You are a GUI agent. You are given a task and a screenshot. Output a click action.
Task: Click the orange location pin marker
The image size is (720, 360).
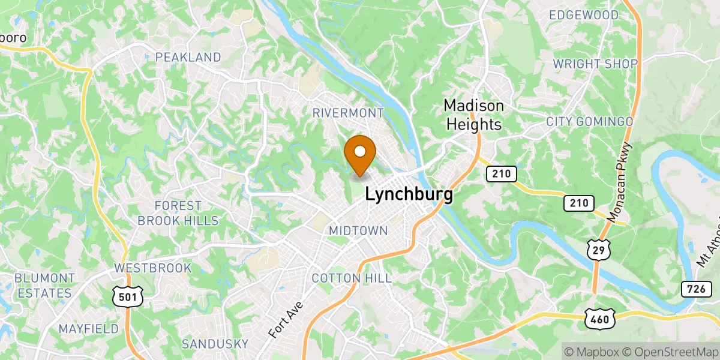point(360,153)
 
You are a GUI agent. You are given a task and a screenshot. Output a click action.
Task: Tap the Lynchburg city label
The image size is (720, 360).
point(409,194)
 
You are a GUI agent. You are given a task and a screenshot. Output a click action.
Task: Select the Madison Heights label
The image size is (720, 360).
point(473,115)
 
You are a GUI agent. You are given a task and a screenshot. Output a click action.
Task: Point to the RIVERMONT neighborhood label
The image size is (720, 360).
point(348,113)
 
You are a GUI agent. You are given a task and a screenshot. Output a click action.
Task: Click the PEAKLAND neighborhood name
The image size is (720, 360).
point(188,58)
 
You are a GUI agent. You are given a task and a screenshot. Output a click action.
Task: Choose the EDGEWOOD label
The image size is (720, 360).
point(584,14)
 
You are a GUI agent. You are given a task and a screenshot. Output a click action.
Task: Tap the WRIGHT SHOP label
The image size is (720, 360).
point(595,64)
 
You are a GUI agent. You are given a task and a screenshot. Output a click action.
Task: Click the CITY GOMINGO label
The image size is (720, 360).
point(589,122)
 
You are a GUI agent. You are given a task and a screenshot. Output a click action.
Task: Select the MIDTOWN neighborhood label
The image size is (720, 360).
point(358,231)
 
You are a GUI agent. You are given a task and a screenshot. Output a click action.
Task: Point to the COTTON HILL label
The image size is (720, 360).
point(352,278)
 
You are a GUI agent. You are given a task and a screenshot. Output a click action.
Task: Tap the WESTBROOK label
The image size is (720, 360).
point(153,268)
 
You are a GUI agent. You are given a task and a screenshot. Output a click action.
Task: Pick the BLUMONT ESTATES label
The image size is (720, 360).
point(44,286)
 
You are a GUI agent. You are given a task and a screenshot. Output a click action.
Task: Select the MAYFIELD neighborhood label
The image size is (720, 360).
point(88,329)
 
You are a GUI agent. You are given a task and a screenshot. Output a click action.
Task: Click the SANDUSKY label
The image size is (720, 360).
point(215,344)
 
